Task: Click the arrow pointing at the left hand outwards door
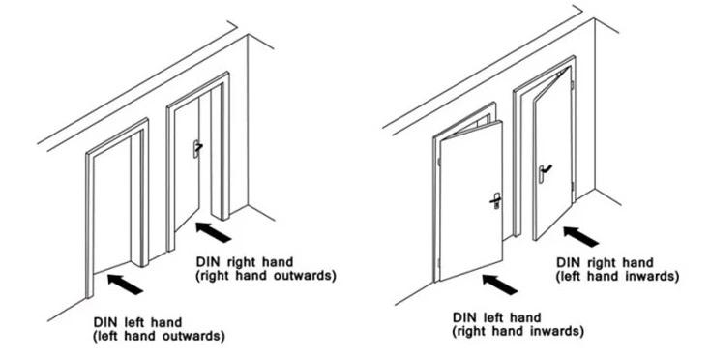point(125,285)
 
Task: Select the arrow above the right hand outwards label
point(213,232)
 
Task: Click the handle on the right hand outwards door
point(197,148)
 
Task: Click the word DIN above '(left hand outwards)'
point(104,322)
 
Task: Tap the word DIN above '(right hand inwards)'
point(464,317)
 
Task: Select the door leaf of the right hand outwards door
point(187,163)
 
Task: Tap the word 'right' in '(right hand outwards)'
point(215,276)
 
